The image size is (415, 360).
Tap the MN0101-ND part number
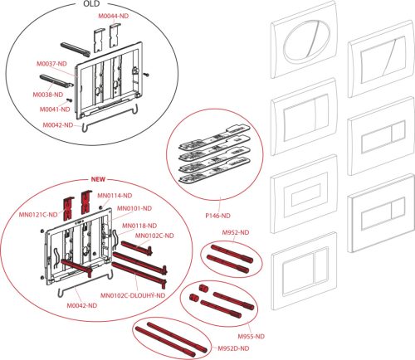tap(133, 208)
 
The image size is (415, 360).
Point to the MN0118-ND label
tap(139, 226)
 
